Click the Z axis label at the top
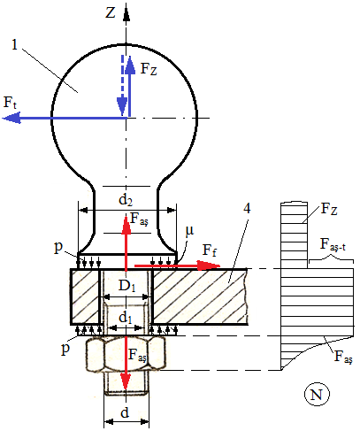(x=111, y=13)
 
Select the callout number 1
(x=15, y=44)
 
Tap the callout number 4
(x=247, y=208)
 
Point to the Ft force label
(x=10, y=103)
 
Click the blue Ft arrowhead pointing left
(x=11, y=118)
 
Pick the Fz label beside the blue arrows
(x=149, y=69)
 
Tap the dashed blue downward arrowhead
(x=122, y=105)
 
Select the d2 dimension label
(x=126, y=200)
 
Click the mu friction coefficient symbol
(x=189, y=231)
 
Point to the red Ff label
(x=210, y=250)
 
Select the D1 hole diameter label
(x=127, y=286)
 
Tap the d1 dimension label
(x=126, y=318)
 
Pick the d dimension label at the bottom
(x=125, y=412)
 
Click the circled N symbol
(x=317, y=395)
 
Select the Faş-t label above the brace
(x=333, y=245)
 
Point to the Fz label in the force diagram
(x=329, y=209)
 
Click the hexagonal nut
(x=126, y=353)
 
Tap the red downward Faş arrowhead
(x=126, y=382)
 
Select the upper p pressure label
(x=58, y=248)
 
